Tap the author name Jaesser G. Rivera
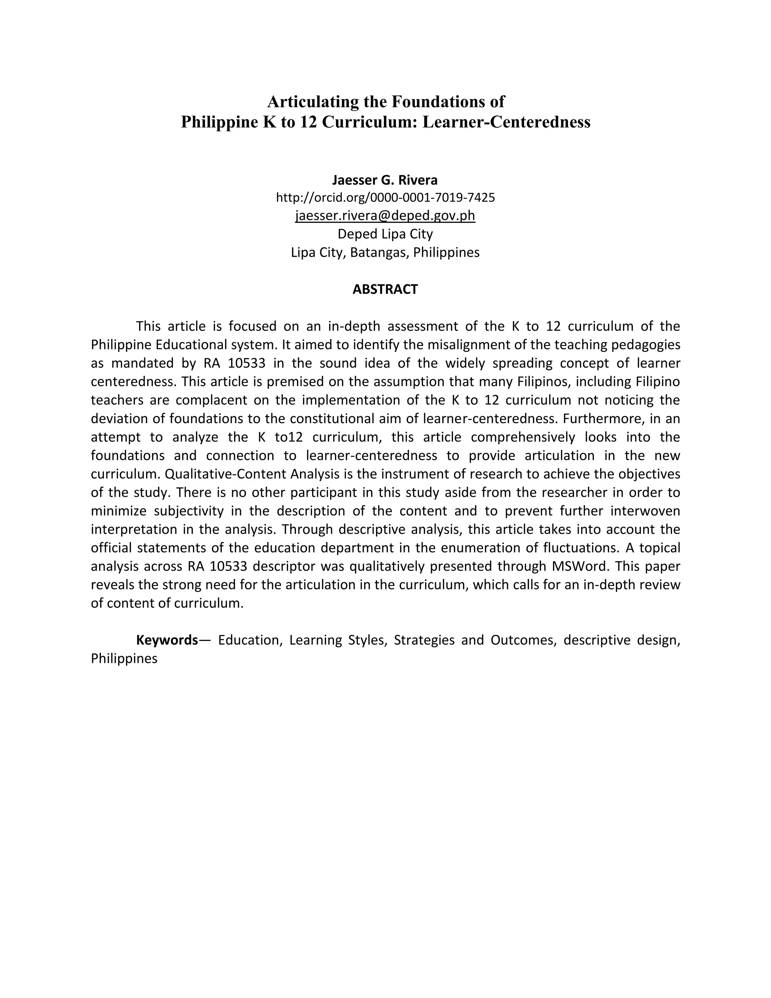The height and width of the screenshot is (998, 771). point(385,180)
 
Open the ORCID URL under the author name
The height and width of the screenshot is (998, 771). point(385,197)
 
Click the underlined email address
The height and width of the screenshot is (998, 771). point(385,215)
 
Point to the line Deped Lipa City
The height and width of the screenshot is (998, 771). point(385,234)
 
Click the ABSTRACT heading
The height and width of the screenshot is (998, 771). point(385,289)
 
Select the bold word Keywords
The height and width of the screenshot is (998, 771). point(167,640)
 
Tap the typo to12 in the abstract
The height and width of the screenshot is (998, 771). point(289,437)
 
